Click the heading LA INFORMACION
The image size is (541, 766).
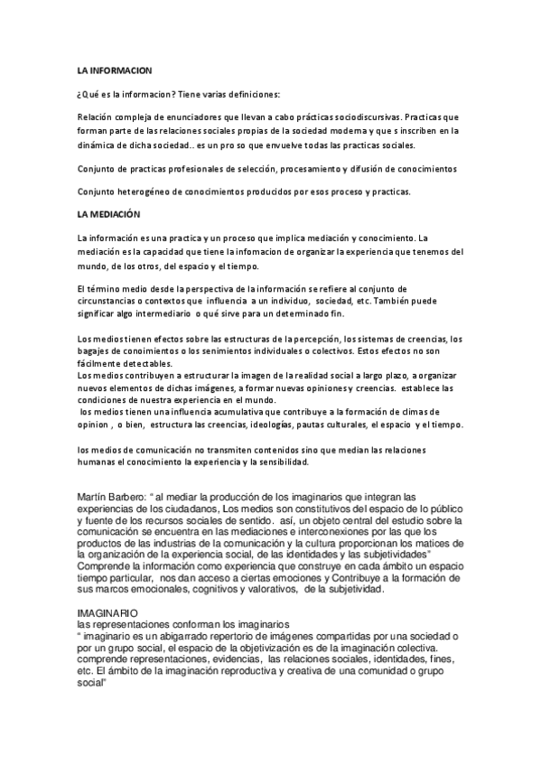pyautogui.click(x=114, y=70)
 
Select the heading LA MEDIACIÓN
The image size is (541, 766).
pyautogui.click(x=108, y=214)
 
